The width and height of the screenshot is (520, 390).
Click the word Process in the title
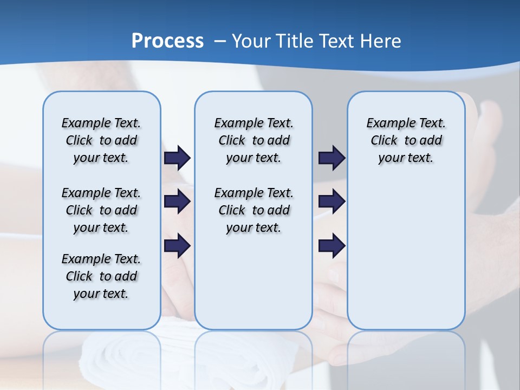[x=167, y=41]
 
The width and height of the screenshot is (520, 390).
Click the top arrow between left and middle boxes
[x=177, y=158]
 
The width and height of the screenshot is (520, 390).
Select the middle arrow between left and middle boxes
[x=177, y=202]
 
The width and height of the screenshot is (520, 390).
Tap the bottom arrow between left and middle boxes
[x=177, y=246]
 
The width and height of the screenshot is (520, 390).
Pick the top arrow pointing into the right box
[x=331, y=158]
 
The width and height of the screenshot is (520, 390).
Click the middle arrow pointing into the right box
[x=331, y=202]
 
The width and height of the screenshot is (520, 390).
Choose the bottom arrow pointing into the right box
[x=331, y=246]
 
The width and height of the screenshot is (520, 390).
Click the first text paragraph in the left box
[x=101, y=140]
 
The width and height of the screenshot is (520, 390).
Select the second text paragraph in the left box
[x=101, y=210]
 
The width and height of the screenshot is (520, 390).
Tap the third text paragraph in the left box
[x=101, y=276]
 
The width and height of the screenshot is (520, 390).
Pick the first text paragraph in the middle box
[x=253, y=140]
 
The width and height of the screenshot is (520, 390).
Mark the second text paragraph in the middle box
[x=253, y=210]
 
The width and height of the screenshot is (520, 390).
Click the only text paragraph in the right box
[x=406, y=140]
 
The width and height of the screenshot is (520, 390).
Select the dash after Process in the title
[x=219, y=42]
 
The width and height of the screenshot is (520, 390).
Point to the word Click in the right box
[x=384, y=141]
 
